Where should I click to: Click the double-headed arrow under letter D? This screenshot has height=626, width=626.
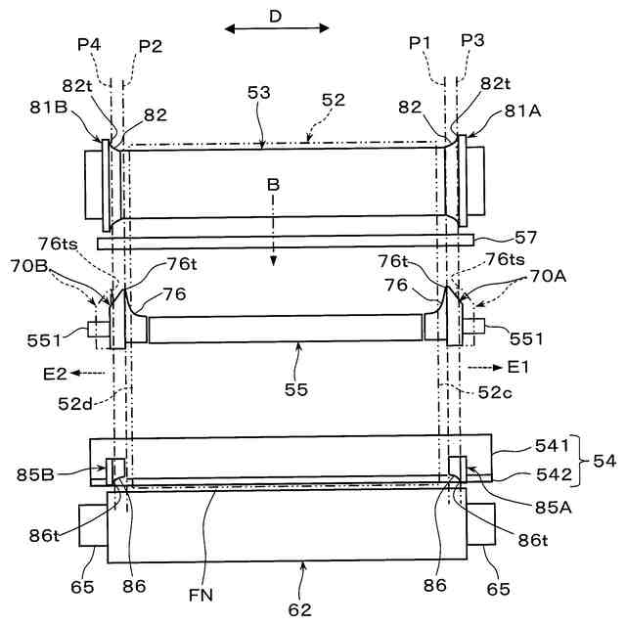(x=278, y=28)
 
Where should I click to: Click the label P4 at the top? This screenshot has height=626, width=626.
(x=89, y=44)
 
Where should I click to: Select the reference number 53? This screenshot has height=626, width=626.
(x=259, y=94)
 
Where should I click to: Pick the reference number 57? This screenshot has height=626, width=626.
(x=527, y=237)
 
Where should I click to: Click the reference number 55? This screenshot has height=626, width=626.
(x=297, y=389)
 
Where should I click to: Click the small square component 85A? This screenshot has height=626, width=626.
(x=455, y=467)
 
